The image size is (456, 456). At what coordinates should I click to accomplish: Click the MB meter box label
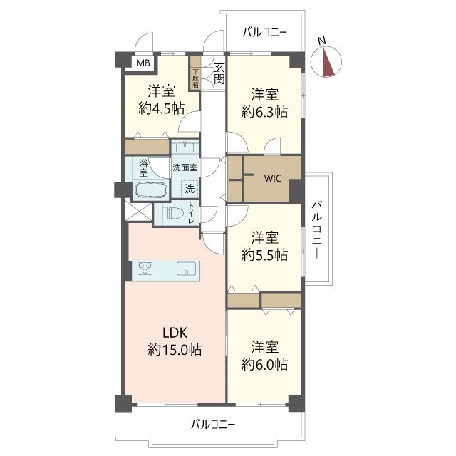click(143, 63)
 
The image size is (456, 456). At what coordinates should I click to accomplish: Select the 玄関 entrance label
click(219, 73)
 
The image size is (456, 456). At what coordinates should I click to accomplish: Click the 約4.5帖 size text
click(162, 109)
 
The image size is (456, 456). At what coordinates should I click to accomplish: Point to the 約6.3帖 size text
click(264, 112)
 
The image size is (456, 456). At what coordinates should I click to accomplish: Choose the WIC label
click(272, 178)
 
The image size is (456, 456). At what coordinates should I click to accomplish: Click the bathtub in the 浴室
click(151, 190)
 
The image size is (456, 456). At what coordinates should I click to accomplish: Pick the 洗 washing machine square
click(190, 189)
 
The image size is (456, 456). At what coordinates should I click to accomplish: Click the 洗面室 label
click(185, 167)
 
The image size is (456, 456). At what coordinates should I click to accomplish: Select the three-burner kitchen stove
click(145, 269)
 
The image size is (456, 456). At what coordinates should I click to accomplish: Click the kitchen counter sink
click(186, 269)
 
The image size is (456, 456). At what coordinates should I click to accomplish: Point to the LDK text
click(175, 333)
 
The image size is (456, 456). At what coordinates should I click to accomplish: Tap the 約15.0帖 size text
click(175, 349)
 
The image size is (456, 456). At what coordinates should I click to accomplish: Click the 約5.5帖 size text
click(264, 255)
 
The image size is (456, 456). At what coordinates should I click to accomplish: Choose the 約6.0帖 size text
click(264, 364)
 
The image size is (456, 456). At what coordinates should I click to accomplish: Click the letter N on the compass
click(321, 41)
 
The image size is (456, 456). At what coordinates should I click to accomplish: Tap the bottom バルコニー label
click(213, 425)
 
